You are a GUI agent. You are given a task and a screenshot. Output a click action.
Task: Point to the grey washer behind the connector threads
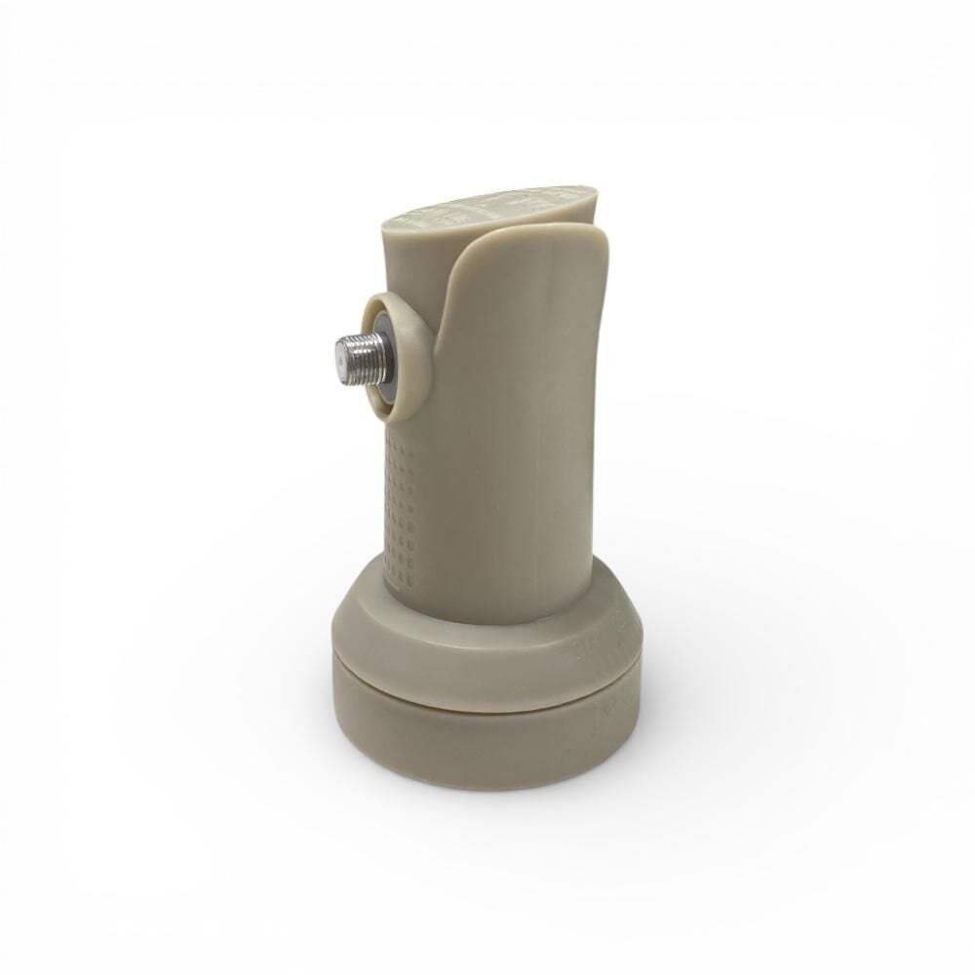[389, 358]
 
